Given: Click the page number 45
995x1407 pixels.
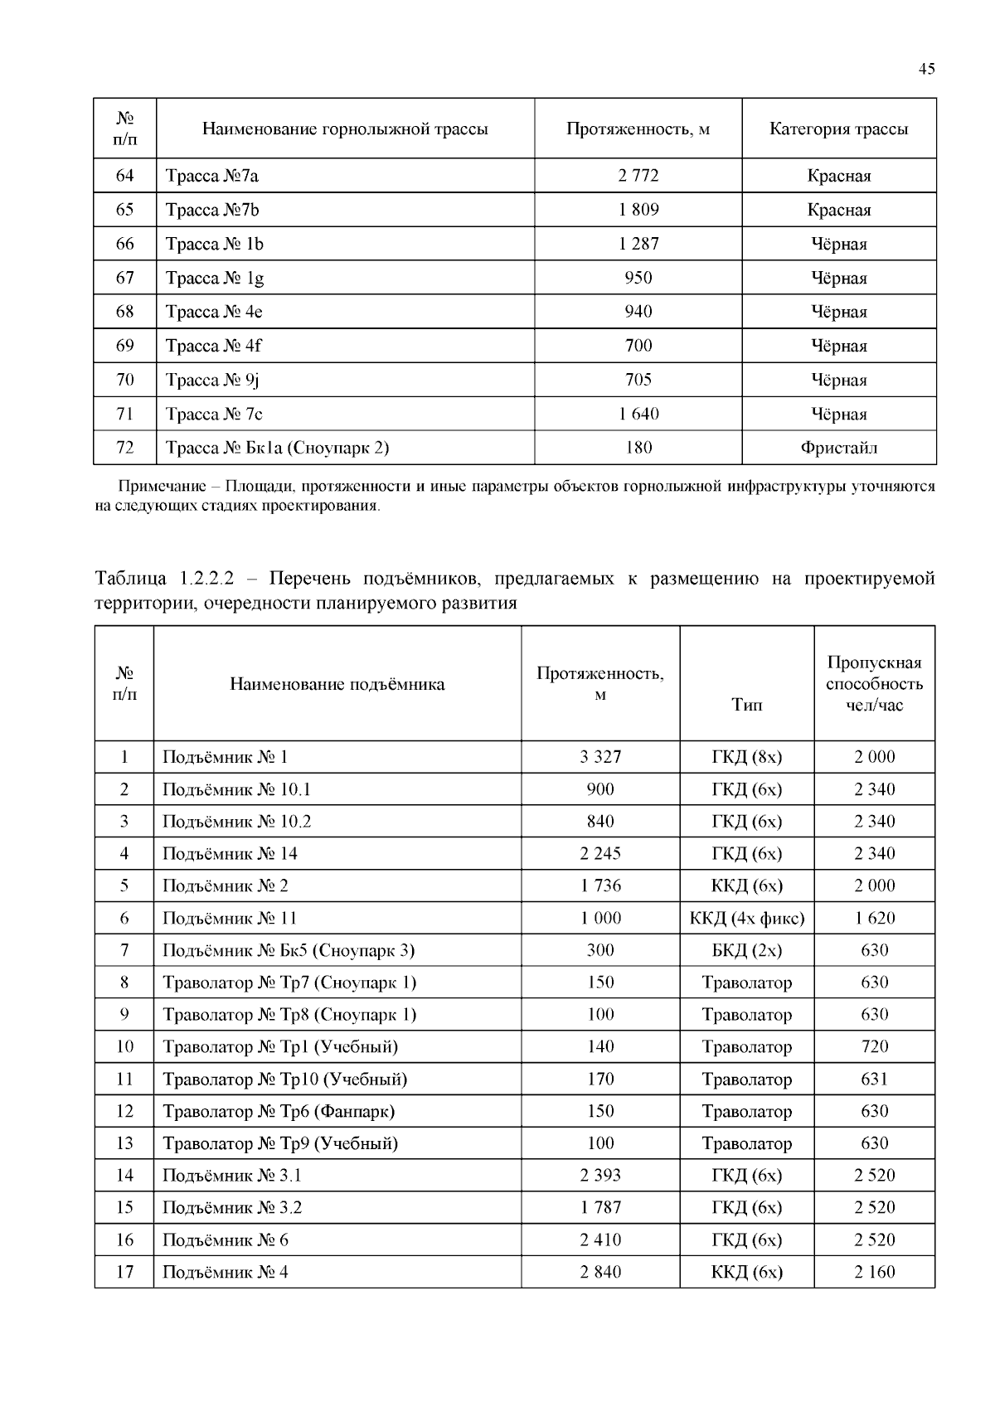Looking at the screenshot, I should [x=926, y=70].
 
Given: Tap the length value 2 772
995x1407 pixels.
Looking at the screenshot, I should [x=638, y=176].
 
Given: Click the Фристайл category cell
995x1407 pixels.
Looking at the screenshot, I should [x=838, y=448].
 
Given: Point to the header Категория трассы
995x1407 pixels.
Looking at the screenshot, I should [x=838, y=129].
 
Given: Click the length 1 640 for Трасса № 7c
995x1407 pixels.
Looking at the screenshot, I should [x=638, y=414].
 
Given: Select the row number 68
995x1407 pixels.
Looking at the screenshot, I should [x=124, y=312].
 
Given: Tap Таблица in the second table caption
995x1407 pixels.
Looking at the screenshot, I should [x=129, y=579].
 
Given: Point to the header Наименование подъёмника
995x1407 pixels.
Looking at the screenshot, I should [x=337, y=685].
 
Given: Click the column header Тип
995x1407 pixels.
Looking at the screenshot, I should [x=746, y=706].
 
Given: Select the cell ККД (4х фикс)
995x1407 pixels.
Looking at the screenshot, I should [x=746, y=918].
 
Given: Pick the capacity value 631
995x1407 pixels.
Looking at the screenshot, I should [x=874, y=1080].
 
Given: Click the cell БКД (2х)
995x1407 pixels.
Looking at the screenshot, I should [x=746, y=950].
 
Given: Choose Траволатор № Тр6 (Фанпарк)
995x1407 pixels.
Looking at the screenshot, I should [x=278, y=1111].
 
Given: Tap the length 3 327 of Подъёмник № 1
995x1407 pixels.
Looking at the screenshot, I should [x=599, y=757].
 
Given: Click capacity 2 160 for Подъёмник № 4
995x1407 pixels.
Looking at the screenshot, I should [x=874, y=1272].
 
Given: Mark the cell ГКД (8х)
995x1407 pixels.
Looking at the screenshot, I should [x=746, y=757].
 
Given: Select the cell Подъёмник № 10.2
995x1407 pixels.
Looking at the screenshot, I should [x=236, y=822].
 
